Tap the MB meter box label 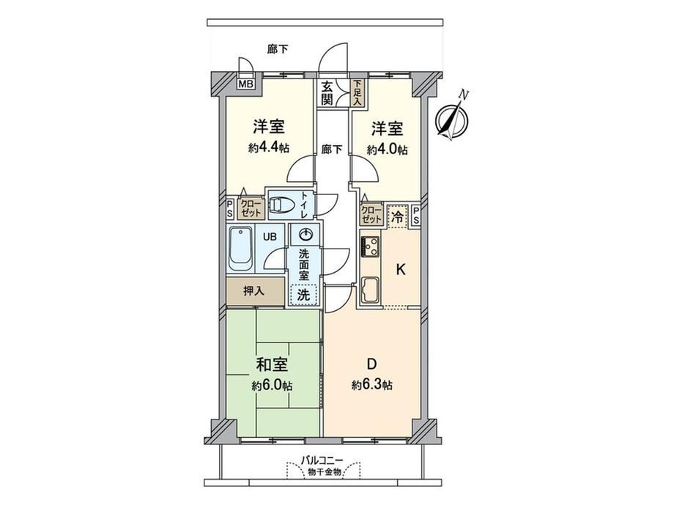click(x=246, y=84)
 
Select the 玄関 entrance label click(x=327, y=93)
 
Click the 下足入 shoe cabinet click(x=358, y=92)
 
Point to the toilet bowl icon click(x=282, y=205)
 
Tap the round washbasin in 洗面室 click(x=305, y=235)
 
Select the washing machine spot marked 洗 click(x=303, y=295)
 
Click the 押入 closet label click(x=253, y=291)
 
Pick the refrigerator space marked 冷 click(x=398, y=217)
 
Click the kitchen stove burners click(x=371, y=247)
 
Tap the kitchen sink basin click(x=371, y=290)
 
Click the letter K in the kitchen click(x=400, y=270)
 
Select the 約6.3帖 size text click(x=371, y=385)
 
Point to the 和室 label click(x=272, y=365)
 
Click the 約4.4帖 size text click(x=269, y=148)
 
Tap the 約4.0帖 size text click(x=388, y=150)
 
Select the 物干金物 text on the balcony click(x=325, y=472)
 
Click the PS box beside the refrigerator click(x=416, y=215)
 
